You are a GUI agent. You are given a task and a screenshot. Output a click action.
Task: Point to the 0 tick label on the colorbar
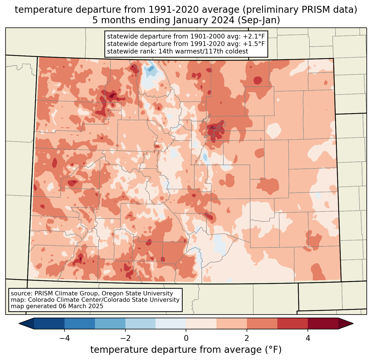(186, 338)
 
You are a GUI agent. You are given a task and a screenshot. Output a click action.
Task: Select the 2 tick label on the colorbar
(247, 338)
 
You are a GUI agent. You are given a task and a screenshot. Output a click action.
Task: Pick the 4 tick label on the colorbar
(308, 338)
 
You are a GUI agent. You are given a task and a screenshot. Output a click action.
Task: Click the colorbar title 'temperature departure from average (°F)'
(186, 350)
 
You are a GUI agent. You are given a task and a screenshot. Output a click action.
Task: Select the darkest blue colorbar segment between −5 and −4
(49, 323)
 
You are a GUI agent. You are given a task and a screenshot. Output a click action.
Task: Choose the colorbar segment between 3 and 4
(293, 323)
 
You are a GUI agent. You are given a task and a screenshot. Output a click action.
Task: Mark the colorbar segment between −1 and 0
(171, 323)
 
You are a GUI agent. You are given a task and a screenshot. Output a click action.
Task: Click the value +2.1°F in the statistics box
(254, 37)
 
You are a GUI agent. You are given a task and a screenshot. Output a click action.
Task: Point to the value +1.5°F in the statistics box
(254, 44)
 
